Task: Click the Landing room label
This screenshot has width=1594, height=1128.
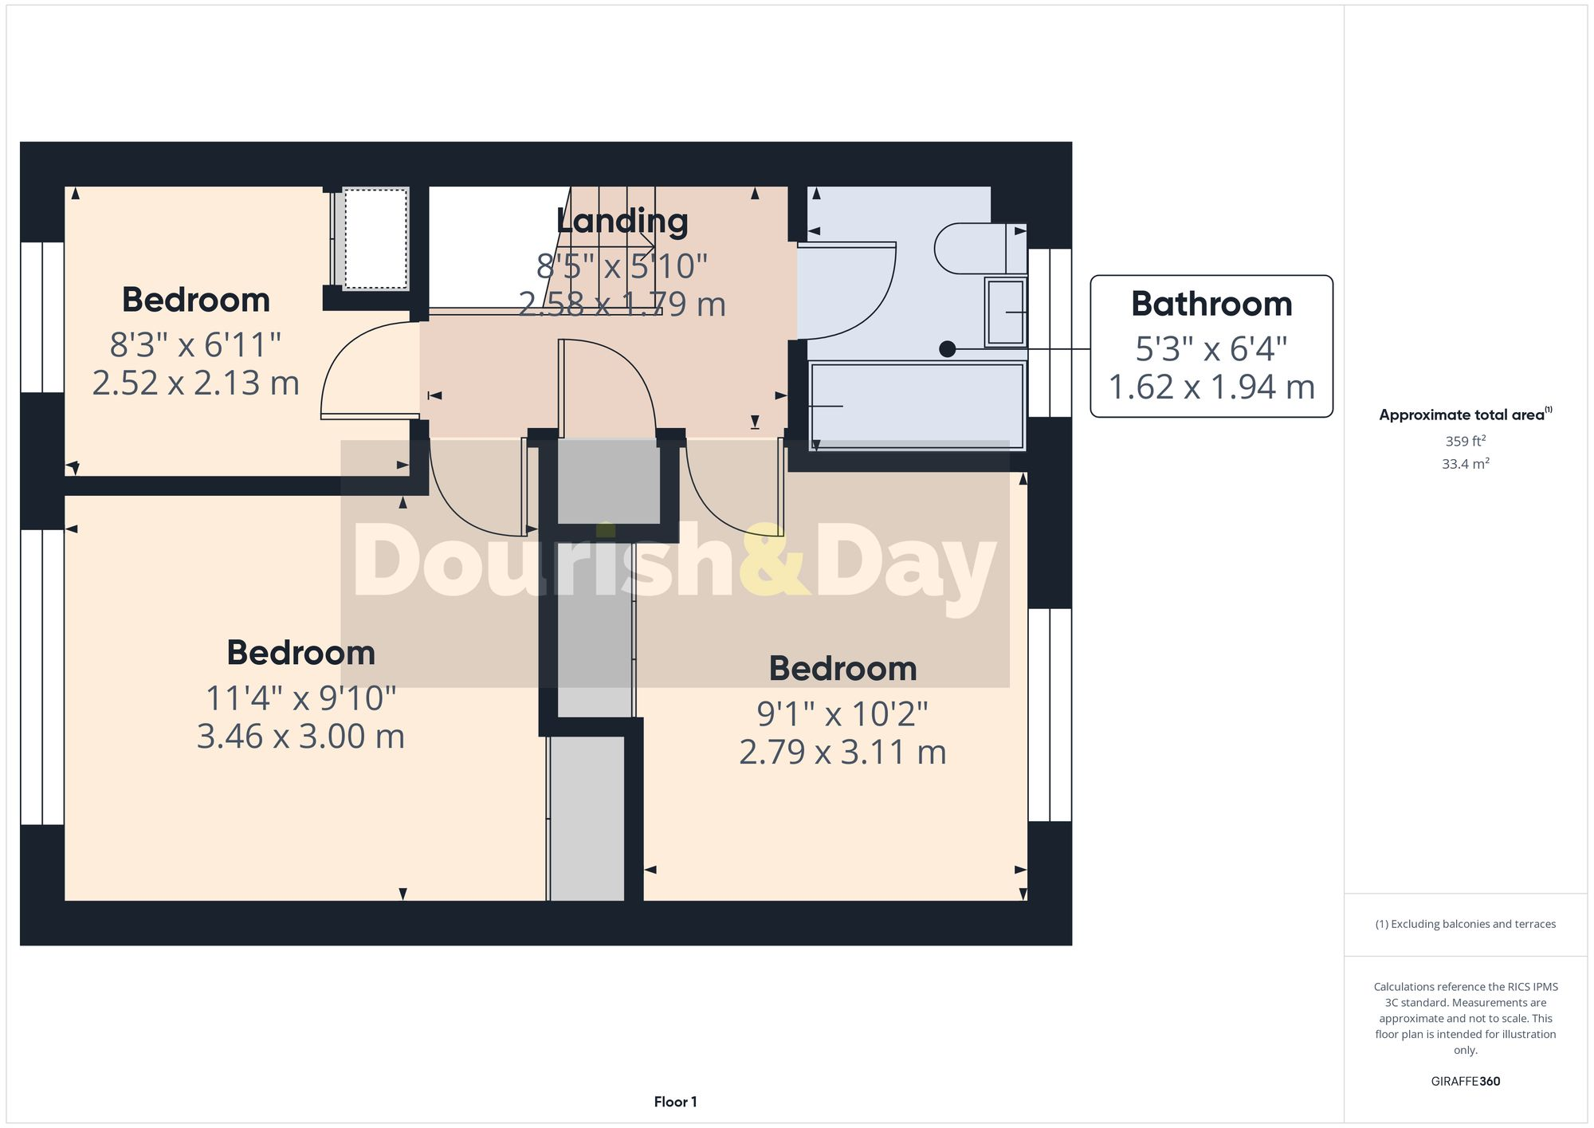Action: [622, 222]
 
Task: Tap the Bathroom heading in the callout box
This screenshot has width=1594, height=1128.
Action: [1211, 305]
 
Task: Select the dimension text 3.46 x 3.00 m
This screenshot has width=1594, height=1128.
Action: [300, 737]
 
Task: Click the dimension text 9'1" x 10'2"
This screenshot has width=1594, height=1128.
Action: [842, 714]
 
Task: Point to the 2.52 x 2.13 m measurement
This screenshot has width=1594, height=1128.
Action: [195, 383]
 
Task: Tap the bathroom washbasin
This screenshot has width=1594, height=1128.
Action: [1005, 312]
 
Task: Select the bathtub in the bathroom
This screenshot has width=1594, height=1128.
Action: [917, 406]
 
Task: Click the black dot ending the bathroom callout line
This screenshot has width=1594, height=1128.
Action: [947, 349]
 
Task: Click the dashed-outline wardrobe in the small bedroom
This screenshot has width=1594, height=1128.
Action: [375, 238]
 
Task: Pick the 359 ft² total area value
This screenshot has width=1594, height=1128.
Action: [1465, 441]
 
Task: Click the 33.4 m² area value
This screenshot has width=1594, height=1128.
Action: [1465, 464]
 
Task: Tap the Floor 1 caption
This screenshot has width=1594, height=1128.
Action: [675, 1102]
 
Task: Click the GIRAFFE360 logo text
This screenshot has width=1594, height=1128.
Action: [1465, 1082]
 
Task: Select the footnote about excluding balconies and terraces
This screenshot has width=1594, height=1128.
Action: [1465, 924]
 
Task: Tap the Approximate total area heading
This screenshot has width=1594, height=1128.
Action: [1465, 415]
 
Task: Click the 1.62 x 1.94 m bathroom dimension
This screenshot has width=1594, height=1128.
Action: [1211, 388]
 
